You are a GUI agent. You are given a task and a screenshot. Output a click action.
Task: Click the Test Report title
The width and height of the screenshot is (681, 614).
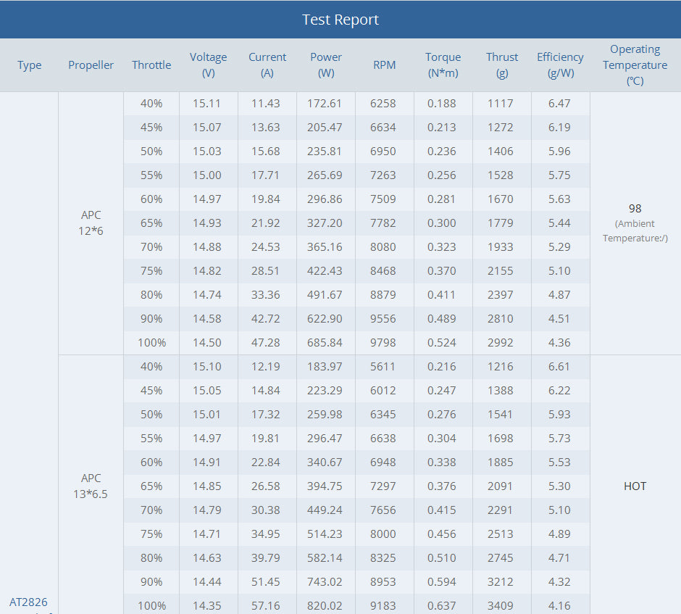coord(340,20)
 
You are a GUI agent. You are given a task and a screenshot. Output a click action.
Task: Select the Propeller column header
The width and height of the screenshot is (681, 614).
coord(91,65)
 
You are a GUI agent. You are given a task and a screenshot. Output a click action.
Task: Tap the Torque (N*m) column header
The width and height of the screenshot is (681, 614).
coord(443,65)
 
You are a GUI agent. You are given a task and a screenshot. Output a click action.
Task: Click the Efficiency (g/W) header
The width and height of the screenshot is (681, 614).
coord(560,65)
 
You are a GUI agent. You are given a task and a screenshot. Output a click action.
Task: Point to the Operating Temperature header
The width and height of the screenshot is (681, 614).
coord(635,65)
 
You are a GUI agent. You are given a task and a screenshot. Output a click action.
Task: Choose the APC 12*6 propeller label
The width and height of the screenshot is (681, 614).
coord(91,223)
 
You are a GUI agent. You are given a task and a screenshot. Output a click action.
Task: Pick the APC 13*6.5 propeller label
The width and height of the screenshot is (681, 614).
coord(91,486)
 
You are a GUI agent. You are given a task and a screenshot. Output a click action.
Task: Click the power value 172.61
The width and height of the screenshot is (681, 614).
coord(325,104)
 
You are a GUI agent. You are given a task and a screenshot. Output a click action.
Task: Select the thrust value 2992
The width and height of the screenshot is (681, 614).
coord(500,343)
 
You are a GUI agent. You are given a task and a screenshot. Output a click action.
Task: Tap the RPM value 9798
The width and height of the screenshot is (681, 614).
coord(383,343)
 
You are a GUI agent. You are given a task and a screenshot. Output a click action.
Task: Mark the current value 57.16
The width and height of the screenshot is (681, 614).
coord(266,605)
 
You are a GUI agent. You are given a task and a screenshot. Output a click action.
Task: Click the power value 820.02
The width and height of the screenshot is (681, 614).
coord(325,605)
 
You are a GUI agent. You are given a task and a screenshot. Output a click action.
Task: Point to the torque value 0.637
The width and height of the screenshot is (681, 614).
coord(442,605)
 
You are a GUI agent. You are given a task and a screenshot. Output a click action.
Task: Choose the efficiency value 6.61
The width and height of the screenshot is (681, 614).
coord(559,367)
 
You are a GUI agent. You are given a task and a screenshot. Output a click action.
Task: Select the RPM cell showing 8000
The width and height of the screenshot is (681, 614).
coord(383,534)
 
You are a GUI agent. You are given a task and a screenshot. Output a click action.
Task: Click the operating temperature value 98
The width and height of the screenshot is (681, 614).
coord(635,209)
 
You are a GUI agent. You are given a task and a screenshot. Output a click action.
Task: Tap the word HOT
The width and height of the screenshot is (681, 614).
coord(635,486)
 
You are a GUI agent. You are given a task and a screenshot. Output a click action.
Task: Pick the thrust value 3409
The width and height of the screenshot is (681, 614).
coord(500,605)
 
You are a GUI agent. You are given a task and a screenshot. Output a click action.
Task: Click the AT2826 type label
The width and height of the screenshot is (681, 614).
coord(28,602)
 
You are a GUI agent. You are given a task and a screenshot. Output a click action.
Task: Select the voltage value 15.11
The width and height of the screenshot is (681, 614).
coord(207,104)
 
